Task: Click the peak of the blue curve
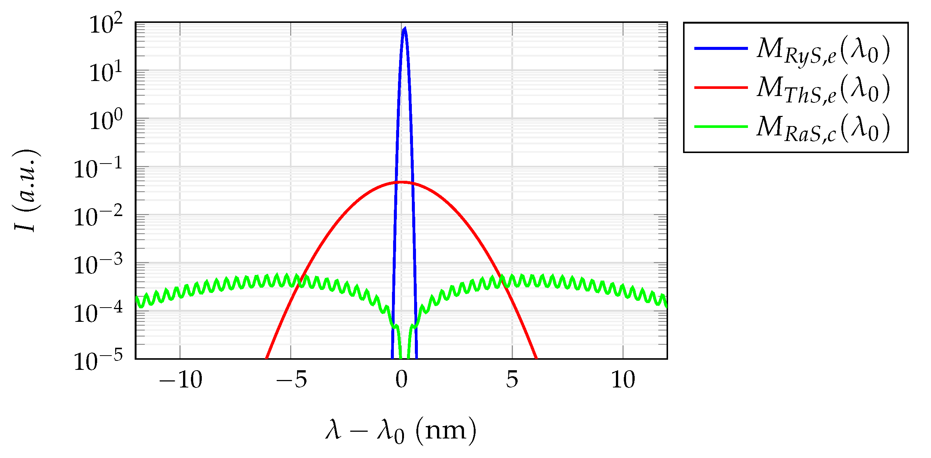pos(404,29)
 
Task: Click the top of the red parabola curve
pos(401,182)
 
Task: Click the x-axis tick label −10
pos(180,380)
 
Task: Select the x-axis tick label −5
pos(291,380)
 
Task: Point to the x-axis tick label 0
pos(401,380)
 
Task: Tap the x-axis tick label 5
pos(512,380)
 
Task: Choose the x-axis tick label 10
pos(623,380)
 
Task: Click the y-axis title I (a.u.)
pos(27,191)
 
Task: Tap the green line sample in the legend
pos(721,127)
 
